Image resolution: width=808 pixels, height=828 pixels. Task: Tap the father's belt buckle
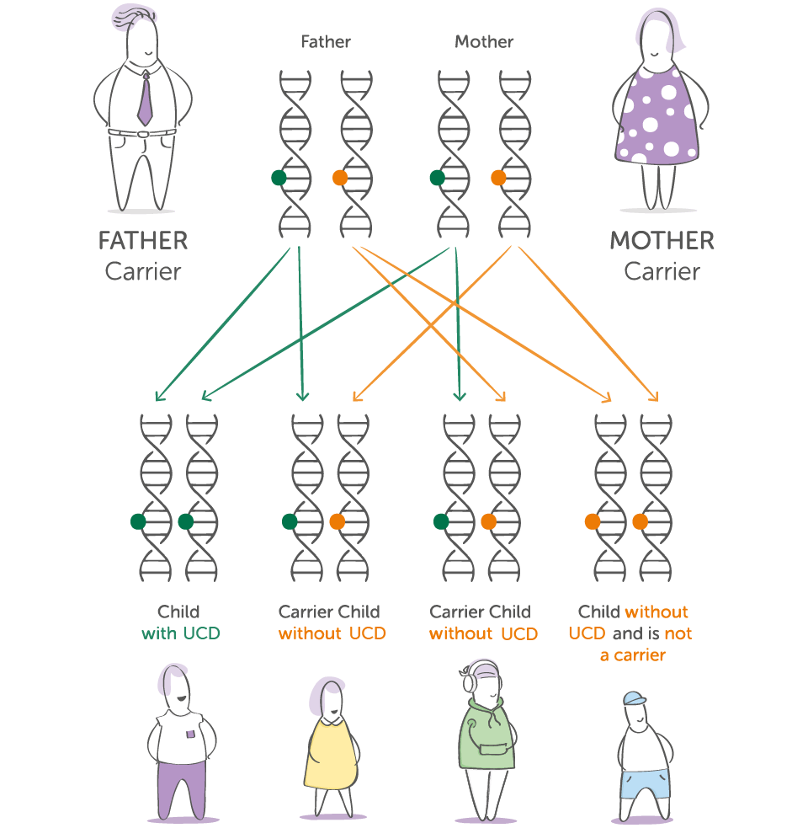pos(143,133)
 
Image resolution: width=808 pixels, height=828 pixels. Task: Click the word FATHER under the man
pos(142,241)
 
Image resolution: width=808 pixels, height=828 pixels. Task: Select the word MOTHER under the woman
pos(662,241)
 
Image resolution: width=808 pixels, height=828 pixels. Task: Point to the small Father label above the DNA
pos(326,41)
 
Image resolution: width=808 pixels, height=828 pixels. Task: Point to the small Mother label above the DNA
pos(484,41)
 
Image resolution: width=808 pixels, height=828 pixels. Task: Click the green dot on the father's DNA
pos(279,178)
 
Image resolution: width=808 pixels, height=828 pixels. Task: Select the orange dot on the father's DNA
pos(340,178)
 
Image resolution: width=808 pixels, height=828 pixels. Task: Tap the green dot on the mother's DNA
pos(437,178)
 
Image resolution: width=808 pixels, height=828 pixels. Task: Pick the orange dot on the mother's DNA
pos(498,178)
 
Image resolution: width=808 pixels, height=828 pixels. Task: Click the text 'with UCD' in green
pos(180,633)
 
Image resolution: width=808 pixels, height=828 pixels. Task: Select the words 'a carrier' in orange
pos(632,655)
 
